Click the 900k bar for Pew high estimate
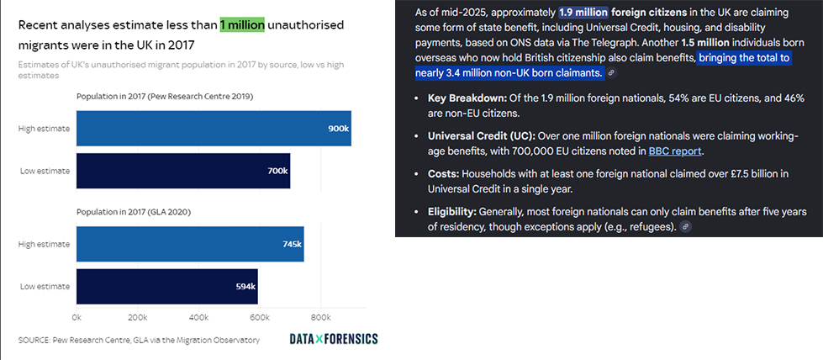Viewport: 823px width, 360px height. pyautogui.click(x=214, y=129)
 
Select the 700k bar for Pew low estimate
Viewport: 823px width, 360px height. pyautogui.click(x=182, y=171)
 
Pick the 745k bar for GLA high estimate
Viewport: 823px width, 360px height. pyautogui.click(x=190, y=244)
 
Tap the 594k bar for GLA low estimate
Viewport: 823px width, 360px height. pyautogui.click(x=166, y=286)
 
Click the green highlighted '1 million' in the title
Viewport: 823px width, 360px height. pyautogui.click(x=242, y=25)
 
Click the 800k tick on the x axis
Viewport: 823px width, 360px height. pyautogui.click(x=320, y=318)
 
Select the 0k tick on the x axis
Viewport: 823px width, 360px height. pyautogui.click(x=76, y=318)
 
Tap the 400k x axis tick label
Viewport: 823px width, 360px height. pyautogui.click(x=198, y=318)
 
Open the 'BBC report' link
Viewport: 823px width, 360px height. pyautogui.click(x=674, y=151)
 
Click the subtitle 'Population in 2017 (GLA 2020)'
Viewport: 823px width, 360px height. pyautogui.click(x=134, y=212)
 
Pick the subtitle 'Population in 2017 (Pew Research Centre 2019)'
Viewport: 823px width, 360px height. pyautogui.click(x=165, y=97)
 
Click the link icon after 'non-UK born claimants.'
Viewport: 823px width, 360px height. pyautogui.click(x=611, y=73)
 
